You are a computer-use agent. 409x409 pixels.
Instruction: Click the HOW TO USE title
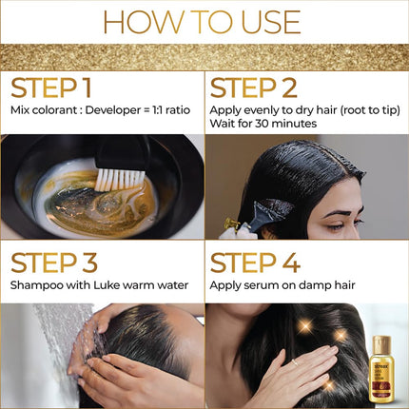[204, 21]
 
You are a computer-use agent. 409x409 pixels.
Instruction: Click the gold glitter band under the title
[204, 56]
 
